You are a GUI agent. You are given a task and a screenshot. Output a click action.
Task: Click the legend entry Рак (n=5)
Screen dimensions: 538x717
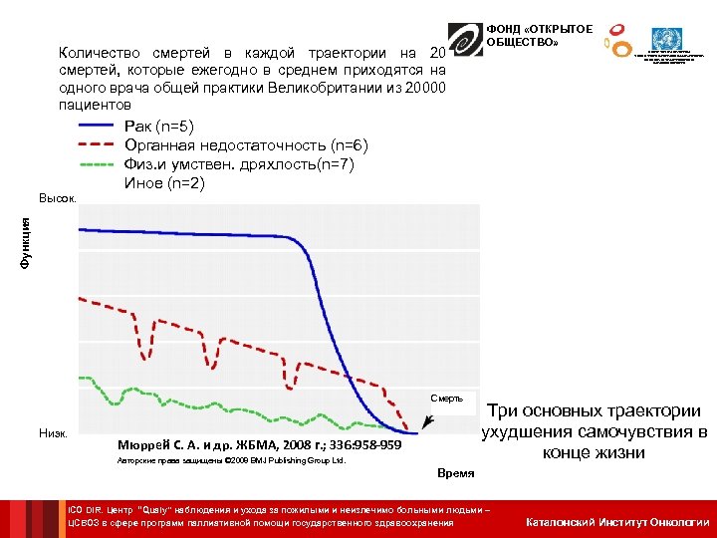tap(159, 127)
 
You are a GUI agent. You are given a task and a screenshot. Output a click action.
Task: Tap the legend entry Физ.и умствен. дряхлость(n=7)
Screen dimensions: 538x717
tap(238, 164)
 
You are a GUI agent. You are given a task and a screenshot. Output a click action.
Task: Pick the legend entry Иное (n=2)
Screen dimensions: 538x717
tap(163, 183)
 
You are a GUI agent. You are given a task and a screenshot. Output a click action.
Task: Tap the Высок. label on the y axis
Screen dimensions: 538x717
tap(57, 200)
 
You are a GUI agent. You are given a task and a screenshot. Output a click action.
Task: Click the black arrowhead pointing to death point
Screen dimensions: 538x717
tap(425, 428)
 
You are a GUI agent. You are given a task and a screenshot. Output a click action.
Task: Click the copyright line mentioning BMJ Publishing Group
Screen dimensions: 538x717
tap(231, 462)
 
